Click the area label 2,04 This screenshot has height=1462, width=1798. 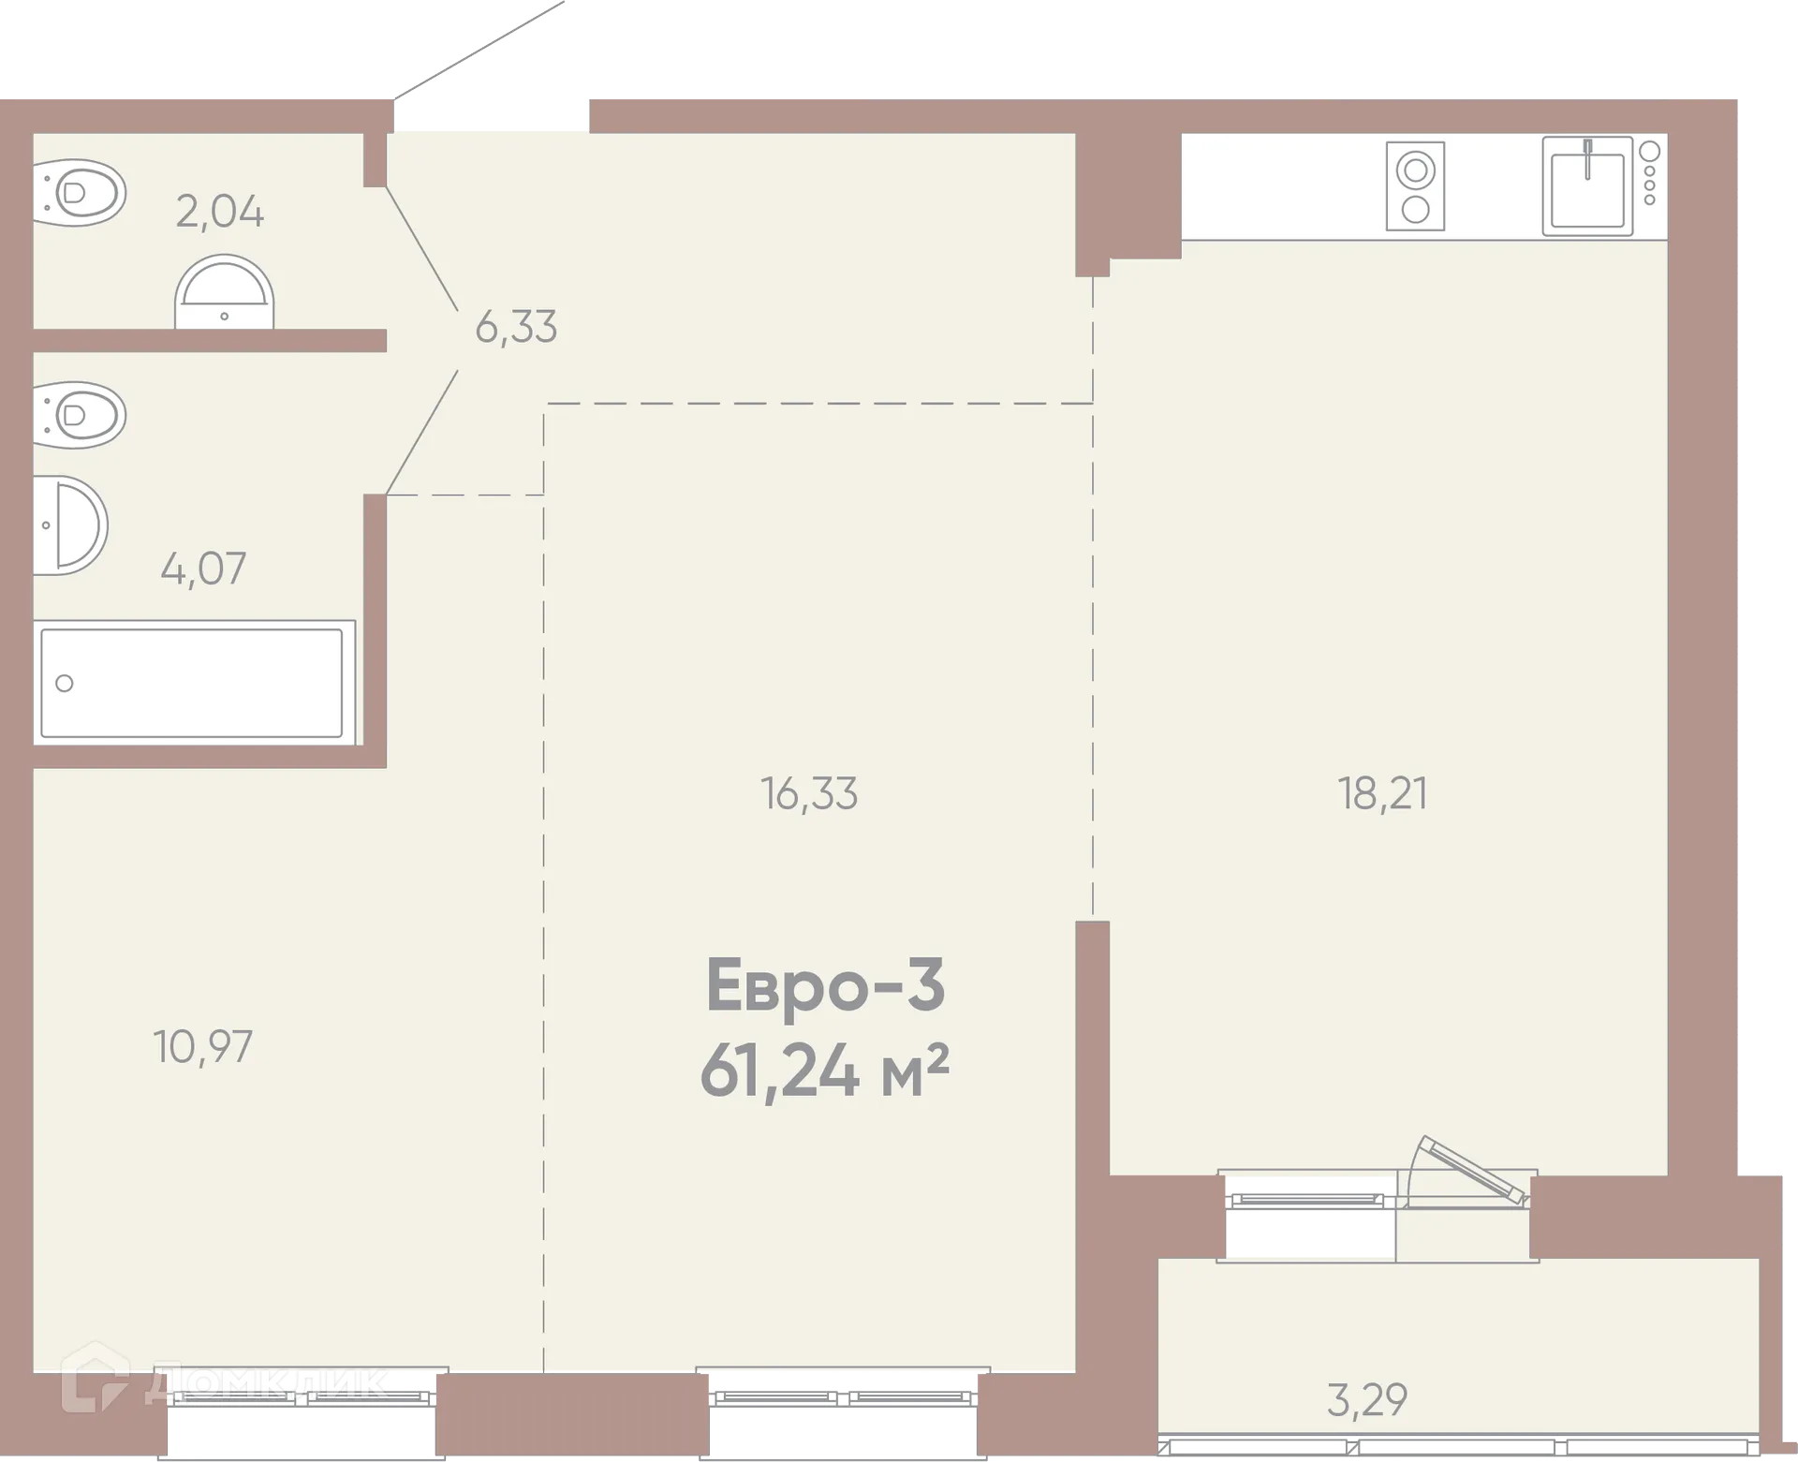(x=220, y=212)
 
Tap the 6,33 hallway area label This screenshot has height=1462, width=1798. (x=516, y=328)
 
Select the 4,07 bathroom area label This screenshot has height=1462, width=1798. (x=203, y=569)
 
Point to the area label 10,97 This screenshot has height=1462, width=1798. (x=203, y=1047)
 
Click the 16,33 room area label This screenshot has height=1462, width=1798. (x=809, y=794)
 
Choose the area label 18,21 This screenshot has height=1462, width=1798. (x=1382, y=794)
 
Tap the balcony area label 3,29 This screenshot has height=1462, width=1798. (x=1367, y=1400)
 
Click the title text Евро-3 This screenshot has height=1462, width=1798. (x=825, y=985)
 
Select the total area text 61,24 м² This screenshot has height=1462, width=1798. (x=825, y=1071)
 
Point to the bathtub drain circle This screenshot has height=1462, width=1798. (x=65, y=683)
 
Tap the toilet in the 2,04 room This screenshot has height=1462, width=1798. (x=80, y=193)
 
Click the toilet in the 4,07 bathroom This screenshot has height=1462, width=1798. (x=80, y=415)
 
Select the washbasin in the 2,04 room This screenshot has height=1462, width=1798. (x=224, y=291)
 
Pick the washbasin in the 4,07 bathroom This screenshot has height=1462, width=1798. (x=71, y=525)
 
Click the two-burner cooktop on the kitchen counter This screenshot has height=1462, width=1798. (x=1415, y=186)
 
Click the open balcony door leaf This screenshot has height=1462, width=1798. (x=1472, y=1170)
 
